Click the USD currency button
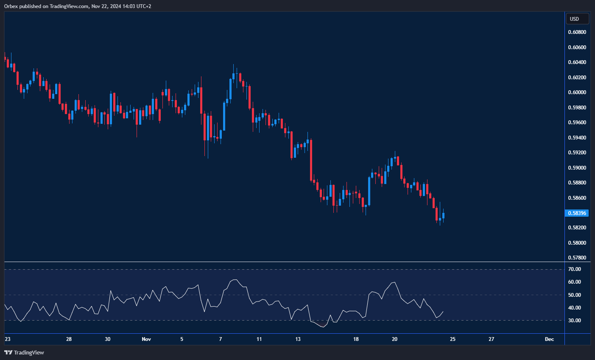pyautogui.click(x=577, y=19)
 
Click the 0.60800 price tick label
pyautogui.click(x=577, y=32)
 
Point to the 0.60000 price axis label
pyautogui.click(x=577, y=92)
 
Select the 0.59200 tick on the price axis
pyautogui.click(x=577, y=153)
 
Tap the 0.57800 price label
pyautogui.click(x=577, y=258)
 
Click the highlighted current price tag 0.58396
pyautogui.click(x=577, y=213)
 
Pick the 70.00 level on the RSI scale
pyautogui.click(x=575, y=269)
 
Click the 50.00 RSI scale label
pyautogui.click(x=575, y=295)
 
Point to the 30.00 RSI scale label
pyautogui.click(x=575, y=321)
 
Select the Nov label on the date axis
pyautogui.click(x=146, y=339)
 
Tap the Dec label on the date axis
pyautogui.click(x=549, y=339)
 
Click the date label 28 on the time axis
pyautogui.click(x=69, y=339)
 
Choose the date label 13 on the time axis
pyautogui.click(x=298, y=339)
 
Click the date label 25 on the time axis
pyautogui.click(x=453, y=339)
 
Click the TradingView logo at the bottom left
pyautogui.click(x=24, y=352)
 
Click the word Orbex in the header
pyautogui.click(x=11, y=6)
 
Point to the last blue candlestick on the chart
pyautogui.click(x=443, y=215)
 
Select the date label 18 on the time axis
pyautogui.click(x=356, y=339)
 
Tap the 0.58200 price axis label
pyautogui.click(x=577, y=228)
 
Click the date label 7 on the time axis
pyautogui.click(x=221, y=339)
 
